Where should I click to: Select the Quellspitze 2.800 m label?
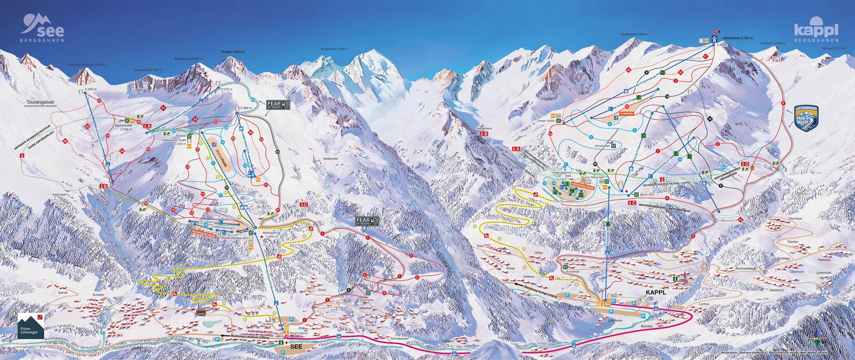click(635, 34)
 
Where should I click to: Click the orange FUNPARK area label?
click(627, 112)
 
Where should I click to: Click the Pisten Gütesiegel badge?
click(31, 326)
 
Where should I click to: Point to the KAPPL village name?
click(655, 292)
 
